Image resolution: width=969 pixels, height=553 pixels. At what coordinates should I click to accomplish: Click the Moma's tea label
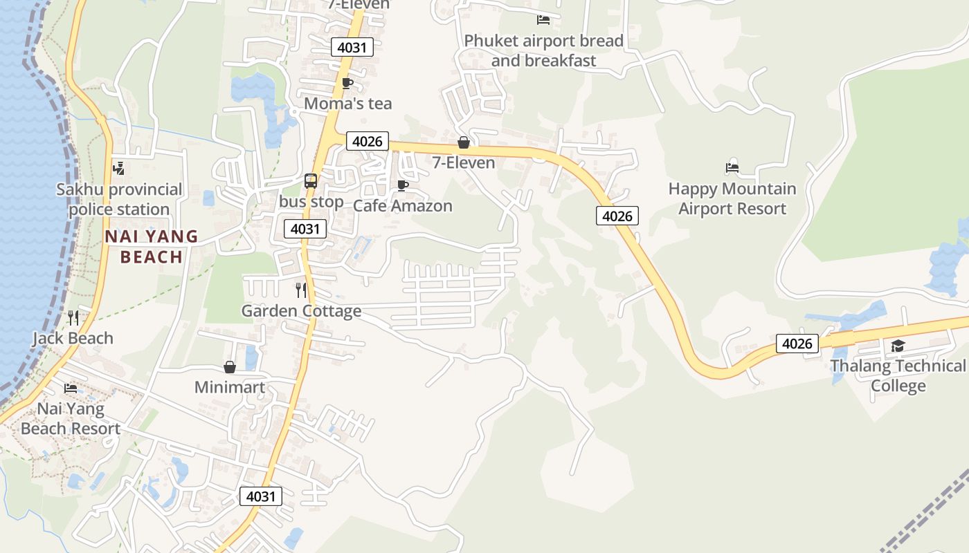347,104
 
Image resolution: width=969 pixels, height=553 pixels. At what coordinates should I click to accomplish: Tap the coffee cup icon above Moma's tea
347,84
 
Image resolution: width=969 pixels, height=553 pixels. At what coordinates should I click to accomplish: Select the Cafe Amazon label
402,206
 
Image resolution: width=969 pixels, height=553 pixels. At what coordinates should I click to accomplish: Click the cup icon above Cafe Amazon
402,185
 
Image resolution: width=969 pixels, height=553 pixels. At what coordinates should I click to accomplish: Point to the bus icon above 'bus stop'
311,181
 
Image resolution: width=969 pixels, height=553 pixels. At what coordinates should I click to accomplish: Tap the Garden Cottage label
301,311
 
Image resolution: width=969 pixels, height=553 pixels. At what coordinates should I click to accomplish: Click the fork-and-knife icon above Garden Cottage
300,290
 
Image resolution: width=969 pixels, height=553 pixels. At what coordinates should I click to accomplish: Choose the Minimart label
229,387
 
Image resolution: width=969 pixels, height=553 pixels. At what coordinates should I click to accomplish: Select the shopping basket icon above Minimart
229,367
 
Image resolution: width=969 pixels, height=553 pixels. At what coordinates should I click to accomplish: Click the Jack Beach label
73,338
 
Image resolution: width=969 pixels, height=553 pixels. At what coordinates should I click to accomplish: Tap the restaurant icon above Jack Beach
73,318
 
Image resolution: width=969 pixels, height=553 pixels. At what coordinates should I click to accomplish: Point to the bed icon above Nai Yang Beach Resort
70,388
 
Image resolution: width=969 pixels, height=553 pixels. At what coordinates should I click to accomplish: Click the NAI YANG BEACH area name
151,247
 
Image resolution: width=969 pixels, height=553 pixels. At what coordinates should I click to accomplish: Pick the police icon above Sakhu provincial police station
118,168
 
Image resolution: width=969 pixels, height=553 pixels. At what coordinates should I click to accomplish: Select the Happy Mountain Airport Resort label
732,198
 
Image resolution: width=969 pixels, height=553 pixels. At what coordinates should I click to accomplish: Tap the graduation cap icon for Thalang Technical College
898,346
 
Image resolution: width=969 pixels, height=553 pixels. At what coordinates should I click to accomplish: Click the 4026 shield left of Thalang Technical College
797,344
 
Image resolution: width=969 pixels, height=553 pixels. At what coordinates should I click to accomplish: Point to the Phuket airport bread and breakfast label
543,50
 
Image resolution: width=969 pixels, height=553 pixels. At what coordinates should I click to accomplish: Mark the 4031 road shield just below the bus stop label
305,229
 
